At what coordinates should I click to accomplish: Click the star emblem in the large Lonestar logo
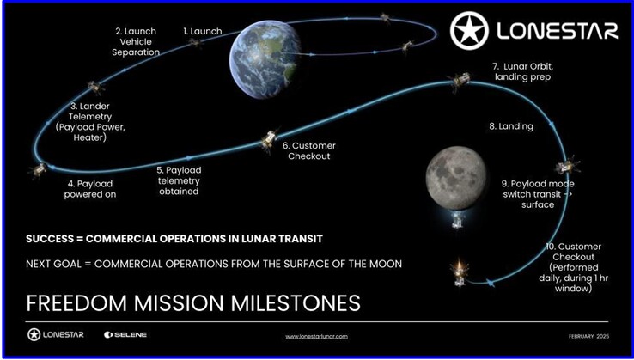[469, 30]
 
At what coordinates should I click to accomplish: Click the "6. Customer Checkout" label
[308, 150]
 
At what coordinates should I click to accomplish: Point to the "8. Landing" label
[511, 126]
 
